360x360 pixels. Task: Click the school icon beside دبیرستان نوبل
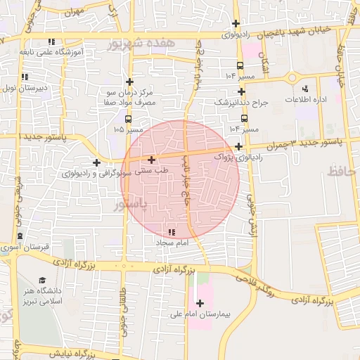point(25,77)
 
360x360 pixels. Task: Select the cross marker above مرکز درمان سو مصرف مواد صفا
point(129,82)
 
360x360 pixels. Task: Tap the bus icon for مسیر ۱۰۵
point(127,120)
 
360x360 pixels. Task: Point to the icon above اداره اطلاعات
point(305,89)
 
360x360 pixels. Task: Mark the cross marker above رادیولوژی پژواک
point(239,147)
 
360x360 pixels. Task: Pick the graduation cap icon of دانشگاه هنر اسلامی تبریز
point(42,281)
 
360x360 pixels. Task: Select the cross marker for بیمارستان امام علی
point(200,304)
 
